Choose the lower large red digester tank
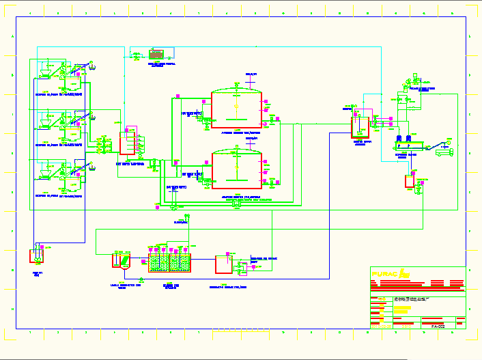tap(236, 169)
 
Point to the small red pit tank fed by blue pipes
tap(36, 256)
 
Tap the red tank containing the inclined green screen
tap(123, 261)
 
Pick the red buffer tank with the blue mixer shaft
tap(358, 127)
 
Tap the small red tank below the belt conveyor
tap(409, 182)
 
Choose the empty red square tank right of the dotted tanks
tap(223, 264)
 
